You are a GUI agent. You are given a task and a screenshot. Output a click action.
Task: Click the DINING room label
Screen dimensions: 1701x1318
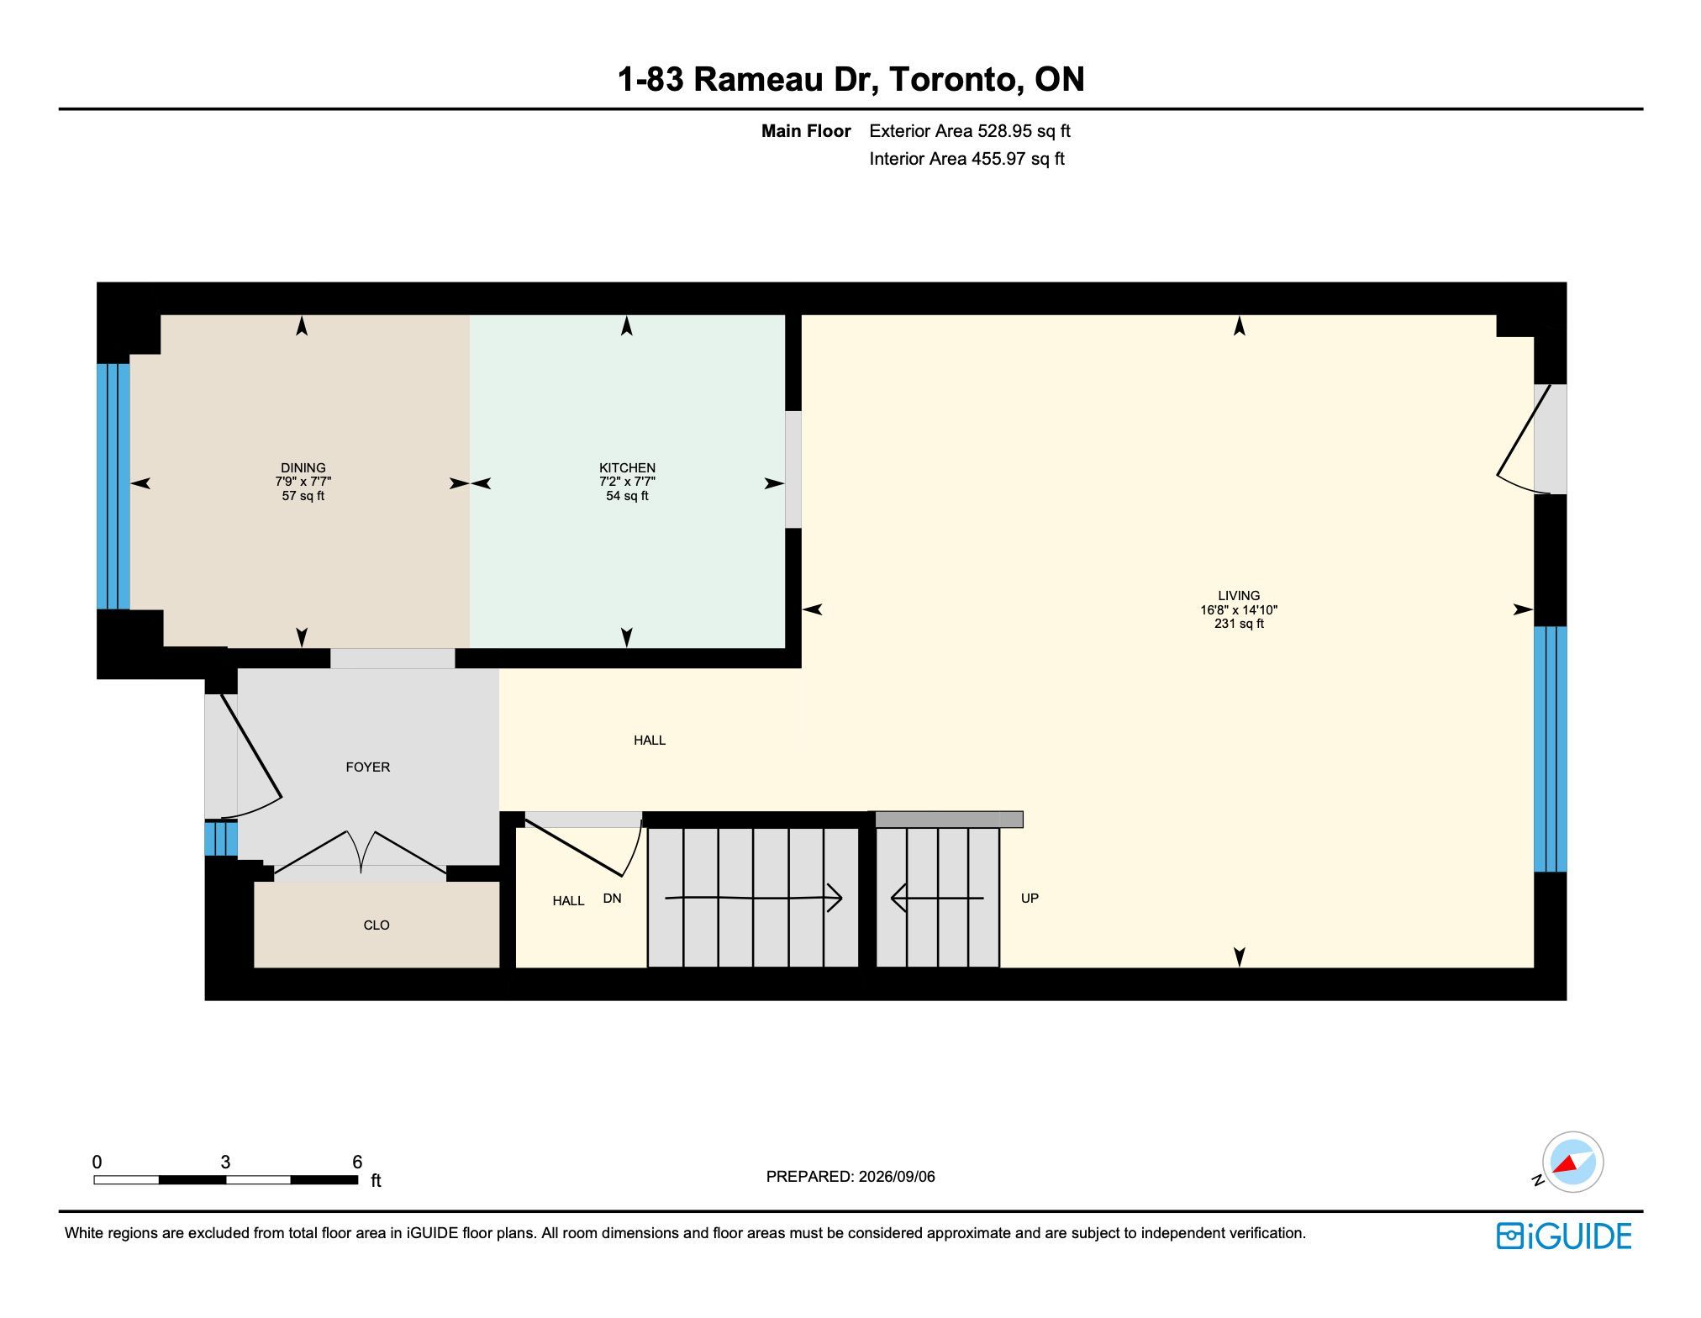[303, 468]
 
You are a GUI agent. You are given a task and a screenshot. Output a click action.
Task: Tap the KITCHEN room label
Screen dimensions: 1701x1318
[627, 468]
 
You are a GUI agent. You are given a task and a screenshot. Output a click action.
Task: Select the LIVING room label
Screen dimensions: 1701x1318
[1239, 596]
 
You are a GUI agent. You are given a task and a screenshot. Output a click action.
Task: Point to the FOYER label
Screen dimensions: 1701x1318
[368, 767]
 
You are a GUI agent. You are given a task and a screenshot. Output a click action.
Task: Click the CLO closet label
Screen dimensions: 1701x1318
[377, 925]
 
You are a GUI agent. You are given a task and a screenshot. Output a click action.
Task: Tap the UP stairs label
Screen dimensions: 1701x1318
[1030, 899]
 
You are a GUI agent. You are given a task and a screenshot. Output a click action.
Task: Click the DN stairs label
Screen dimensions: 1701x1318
[612, 899]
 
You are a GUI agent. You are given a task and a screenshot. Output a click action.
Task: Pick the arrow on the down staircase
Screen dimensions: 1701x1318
[754, 898]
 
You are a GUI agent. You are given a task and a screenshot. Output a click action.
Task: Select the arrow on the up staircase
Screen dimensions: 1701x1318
[937, 899]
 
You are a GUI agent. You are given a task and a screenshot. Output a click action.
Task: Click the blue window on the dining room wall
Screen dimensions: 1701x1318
[113, 486]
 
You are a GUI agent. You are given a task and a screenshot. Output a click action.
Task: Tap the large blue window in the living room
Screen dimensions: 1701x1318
[1551, 749]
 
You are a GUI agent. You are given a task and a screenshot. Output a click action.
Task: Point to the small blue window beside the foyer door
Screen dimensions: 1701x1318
[221, 839]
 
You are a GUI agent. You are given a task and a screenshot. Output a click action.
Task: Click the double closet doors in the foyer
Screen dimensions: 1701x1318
[360, 854]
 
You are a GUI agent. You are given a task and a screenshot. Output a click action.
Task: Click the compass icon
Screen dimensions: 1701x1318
[1572, 1162]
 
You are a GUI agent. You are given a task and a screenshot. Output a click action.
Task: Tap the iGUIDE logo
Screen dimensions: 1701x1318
[1564, 1236]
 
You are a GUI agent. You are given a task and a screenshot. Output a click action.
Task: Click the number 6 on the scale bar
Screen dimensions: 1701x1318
[357, 1162]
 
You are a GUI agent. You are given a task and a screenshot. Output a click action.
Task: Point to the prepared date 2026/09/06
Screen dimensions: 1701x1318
[894, 1177]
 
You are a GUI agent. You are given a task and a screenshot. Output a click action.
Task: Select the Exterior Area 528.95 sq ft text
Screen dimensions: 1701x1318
[970, 131]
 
